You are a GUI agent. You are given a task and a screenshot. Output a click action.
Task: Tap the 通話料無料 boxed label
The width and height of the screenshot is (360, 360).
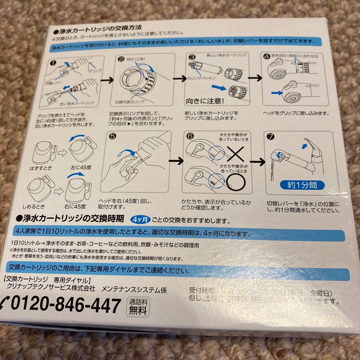[x=137, y=306]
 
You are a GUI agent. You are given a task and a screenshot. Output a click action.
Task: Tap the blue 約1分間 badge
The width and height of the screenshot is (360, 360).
[x=302, y=184]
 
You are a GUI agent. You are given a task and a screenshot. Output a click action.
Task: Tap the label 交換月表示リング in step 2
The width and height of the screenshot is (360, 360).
[x=130, y=101]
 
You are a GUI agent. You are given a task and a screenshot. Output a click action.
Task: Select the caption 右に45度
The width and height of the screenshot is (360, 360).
[x=78, y=206]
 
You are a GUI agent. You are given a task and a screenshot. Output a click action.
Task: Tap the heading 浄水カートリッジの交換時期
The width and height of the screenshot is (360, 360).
[x=73, y=219]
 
